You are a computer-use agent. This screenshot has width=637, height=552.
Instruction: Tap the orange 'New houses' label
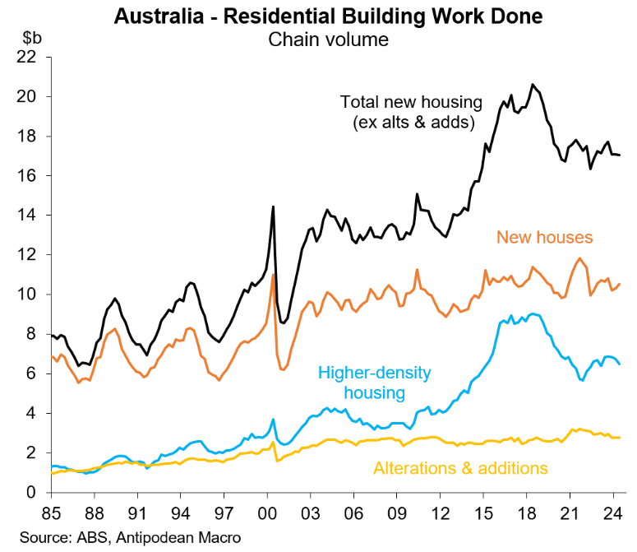tap(544, 238)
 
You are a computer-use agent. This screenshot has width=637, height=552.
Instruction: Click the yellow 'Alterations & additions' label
tap(460, 468)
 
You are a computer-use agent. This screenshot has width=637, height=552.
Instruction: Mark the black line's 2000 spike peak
tap(272, 206)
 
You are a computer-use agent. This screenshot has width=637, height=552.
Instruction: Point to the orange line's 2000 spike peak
tap(272, 275)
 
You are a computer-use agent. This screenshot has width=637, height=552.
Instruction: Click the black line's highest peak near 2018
tap(533, 85)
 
